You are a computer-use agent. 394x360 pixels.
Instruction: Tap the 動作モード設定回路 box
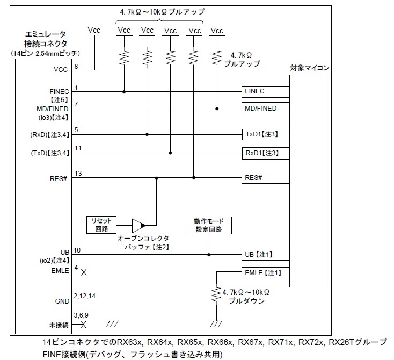point(209,225)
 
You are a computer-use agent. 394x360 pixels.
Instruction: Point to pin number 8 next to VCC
point(76,66)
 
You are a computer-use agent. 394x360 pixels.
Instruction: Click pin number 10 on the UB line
point(78,250)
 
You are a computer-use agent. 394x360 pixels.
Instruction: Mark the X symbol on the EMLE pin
point(84,272)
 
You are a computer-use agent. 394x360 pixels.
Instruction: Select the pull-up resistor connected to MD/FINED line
point(217,56)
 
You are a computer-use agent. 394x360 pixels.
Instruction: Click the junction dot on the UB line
point(209,255)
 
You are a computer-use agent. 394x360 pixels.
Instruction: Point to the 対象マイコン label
point(309,68)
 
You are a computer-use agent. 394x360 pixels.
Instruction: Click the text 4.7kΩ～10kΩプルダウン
point(247,297)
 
